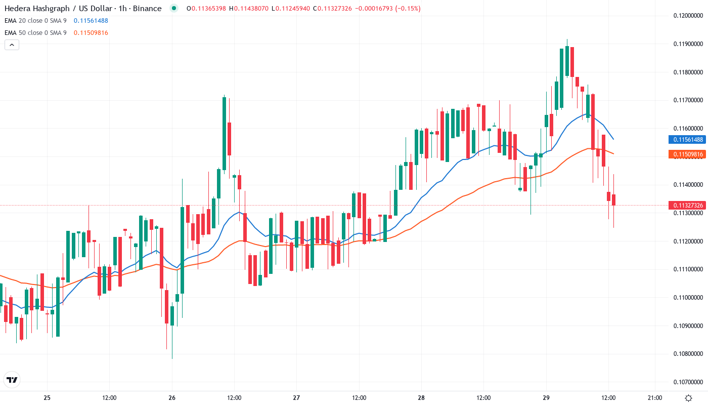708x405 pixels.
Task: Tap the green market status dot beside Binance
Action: tap(174, 8)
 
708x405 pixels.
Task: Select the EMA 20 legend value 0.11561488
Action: tap(91, 20)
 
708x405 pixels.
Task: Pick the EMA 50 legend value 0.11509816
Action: tap(91, 32)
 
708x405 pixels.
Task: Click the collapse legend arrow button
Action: tap(12, 45)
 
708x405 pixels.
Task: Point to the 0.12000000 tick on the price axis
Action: tap(688, 16)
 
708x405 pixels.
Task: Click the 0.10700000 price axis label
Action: tap(688, 382)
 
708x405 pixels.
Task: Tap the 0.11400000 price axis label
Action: tap(688, 185)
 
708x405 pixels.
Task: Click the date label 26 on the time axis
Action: tap(172, 397)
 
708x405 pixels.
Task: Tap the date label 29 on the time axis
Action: tap(546, 397)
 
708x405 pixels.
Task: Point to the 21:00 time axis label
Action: tap(655, 397)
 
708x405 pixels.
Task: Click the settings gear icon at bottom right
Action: tap(688, 397)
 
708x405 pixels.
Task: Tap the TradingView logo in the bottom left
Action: tap(12, 380)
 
